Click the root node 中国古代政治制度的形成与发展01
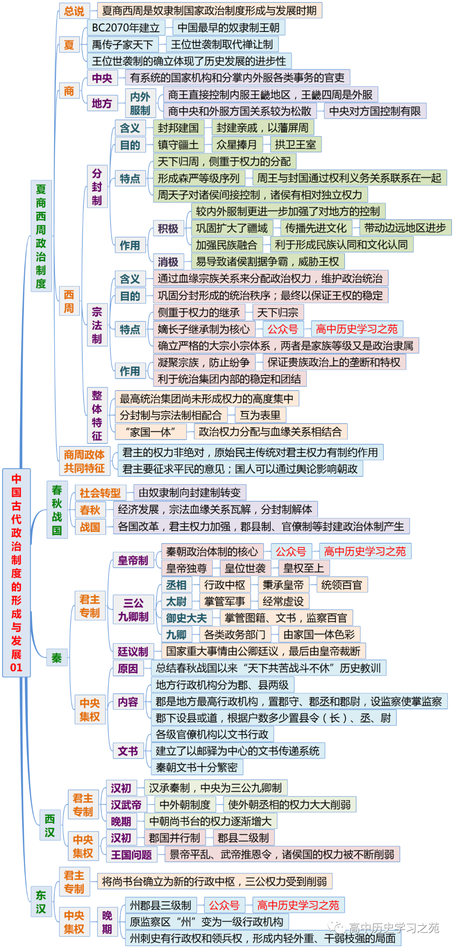(16, 572)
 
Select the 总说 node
(74, 11)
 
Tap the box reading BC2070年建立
(126, 28)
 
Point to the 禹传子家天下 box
(122, 45)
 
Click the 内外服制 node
(140, 103)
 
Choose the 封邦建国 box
(178, 128)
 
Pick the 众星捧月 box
(237, 145)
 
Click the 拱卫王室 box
(296, 145)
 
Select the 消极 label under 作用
(168, 262)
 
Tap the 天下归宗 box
(277, 312)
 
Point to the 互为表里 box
(260, 415)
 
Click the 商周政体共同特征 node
(84, 461)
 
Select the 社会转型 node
(100, 493)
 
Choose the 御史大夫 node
(186, 618)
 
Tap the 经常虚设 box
(283, 602)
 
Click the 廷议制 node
(133, 652)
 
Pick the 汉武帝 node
(126, 805)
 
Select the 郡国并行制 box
(174, 838)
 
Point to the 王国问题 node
(131, 855)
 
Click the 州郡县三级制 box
(161, 905)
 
